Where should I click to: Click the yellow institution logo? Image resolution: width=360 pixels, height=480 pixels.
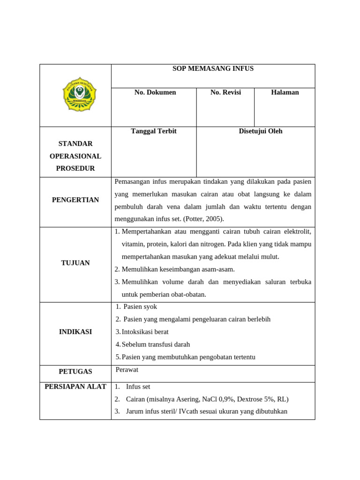pos(79,94)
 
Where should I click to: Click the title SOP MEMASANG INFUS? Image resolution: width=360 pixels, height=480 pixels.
pos(213,68)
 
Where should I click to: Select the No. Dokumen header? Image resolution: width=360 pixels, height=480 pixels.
pos(155,92)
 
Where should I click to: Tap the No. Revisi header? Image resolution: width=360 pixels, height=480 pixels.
pos(225,92)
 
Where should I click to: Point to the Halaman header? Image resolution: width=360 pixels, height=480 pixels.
pos(285,92)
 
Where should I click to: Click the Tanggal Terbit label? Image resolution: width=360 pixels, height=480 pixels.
pos(154,131)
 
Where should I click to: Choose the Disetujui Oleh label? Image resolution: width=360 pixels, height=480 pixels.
pos(260,131)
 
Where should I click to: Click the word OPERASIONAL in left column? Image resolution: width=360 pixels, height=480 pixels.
pos(75,156)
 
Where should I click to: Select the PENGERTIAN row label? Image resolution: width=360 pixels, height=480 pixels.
pos(75,200)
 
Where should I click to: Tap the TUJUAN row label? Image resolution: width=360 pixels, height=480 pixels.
pos(75,263)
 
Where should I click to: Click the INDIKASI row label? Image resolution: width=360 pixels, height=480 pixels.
pos(75,332)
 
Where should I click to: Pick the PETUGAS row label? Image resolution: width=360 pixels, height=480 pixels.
pos(75,372)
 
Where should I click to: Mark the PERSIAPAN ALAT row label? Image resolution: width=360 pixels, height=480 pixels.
pos(75,387)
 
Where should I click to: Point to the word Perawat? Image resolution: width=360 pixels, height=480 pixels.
pos(127,370)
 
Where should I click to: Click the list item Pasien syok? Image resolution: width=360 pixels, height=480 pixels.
pos(140,307)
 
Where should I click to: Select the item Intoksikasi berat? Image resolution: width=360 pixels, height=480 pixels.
pos(145,332)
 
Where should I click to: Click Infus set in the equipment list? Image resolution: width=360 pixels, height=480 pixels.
pos(138,387)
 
